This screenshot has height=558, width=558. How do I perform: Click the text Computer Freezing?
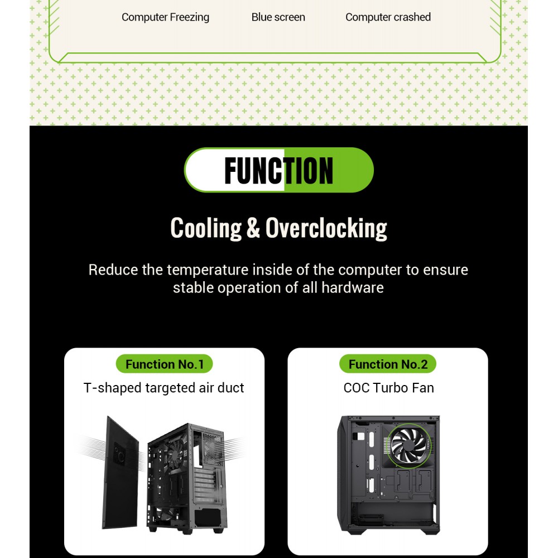(165, 17)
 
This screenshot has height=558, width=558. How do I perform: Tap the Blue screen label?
(278, 17)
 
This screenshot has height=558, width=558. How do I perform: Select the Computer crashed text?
(388, 17)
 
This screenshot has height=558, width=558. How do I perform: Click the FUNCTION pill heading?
(278, 170)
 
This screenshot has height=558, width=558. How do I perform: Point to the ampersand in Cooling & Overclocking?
(253, 228)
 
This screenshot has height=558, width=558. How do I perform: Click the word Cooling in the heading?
(206, 228)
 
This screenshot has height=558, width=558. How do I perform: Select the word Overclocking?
(326, 228)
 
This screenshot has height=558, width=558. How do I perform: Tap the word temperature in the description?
(208, 270)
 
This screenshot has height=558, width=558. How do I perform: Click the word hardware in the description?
(352, 287)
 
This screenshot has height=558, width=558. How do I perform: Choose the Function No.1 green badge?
(165, 364)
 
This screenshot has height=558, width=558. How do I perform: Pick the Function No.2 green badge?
(388, 364)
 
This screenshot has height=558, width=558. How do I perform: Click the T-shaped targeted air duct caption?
(163, 388)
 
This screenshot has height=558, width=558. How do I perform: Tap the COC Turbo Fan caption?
(388, 388)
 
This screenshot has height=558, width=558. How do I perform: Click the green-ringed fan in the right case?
(409, 445)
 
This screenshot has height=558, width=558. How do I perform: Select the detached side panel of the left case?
(121, 473)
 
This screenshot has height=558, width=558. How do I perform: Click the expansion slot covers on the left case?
(205, 486)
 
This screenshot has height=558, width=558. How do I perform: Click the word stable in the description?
(193, 287)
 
